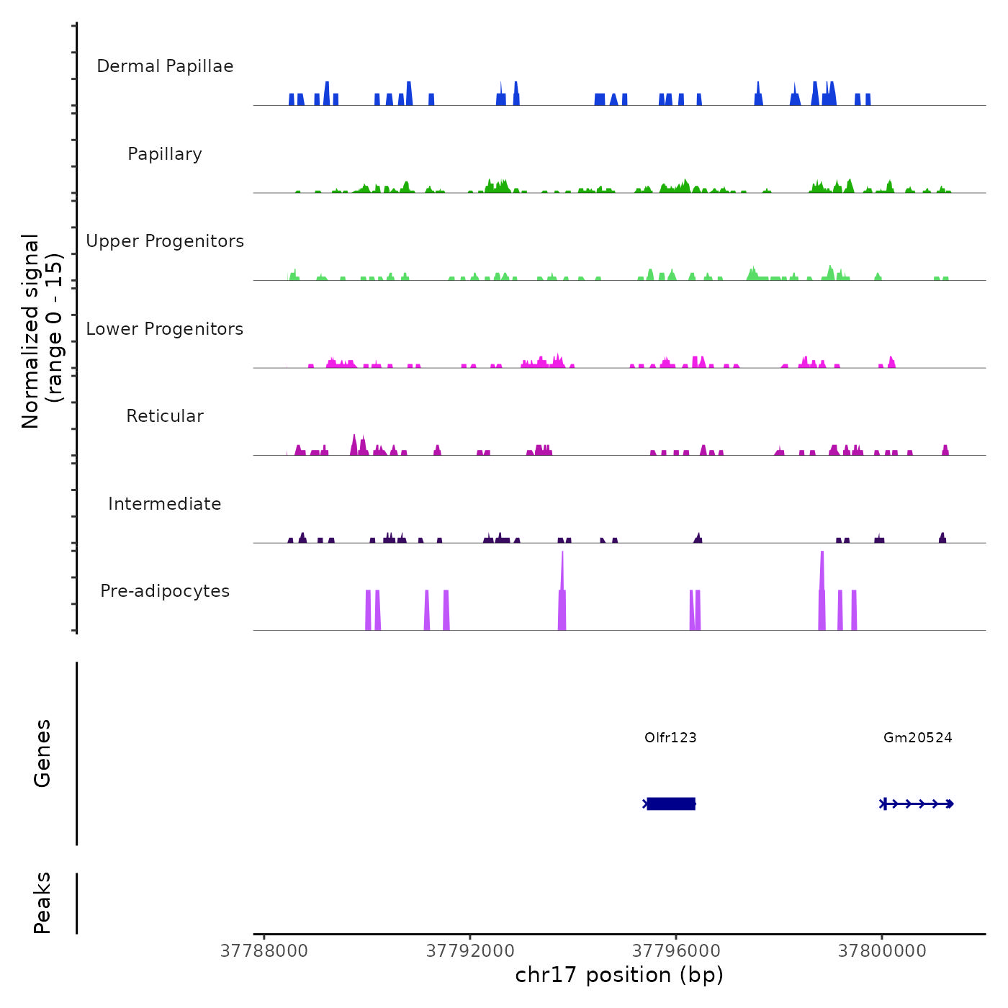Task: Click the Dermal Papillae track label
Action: pyautogui.click(x=165, y=66)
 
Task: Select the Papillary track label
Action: pyautogui.click(x=165, y=154)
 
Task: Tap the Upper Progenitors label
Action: pyautogui.click(x=165, y=241)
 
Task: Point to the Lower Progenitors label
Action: pyautogui.click(x=165, y=329)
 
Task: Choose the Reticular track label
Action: pyautogui.click(x=165, y=416)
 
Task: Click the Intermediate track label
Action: pyautogui.click(x=165, y=504)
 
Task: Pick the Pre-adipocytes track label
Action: pyautogui.click(x=165, y=591)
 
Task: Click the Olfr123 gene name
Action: pyautogui.click(x=670, y=737)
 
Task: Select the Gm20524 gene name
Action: pyautogui.click(x=918, y=737)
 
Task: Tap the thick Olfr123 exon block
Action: pyautogui.click(x=671, y=804)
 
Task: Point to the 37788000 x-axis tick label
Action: pyautogui.click(x=264, y=950)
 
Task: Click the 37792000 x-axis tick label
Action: pyautogui.click(x=470, y=950)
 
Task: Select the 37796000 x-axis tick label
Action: pyautogui.click(x=676, y=950)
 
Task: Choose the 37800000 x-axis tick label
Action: pyautogui.click(x=882, y=950)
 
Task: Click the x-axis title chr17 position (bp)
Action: pyautogui.click(x=619, y=975)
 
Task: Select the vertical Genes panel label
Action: pyautogui.click(x=42, y=753)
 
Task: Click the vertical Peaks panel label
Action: pyautogui.click(x=42, y=903)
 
